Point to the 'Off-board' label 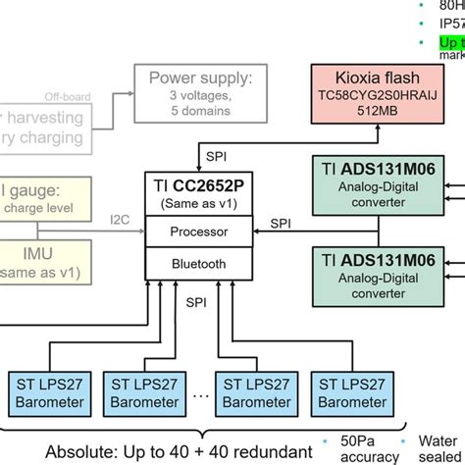point(69,97)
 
